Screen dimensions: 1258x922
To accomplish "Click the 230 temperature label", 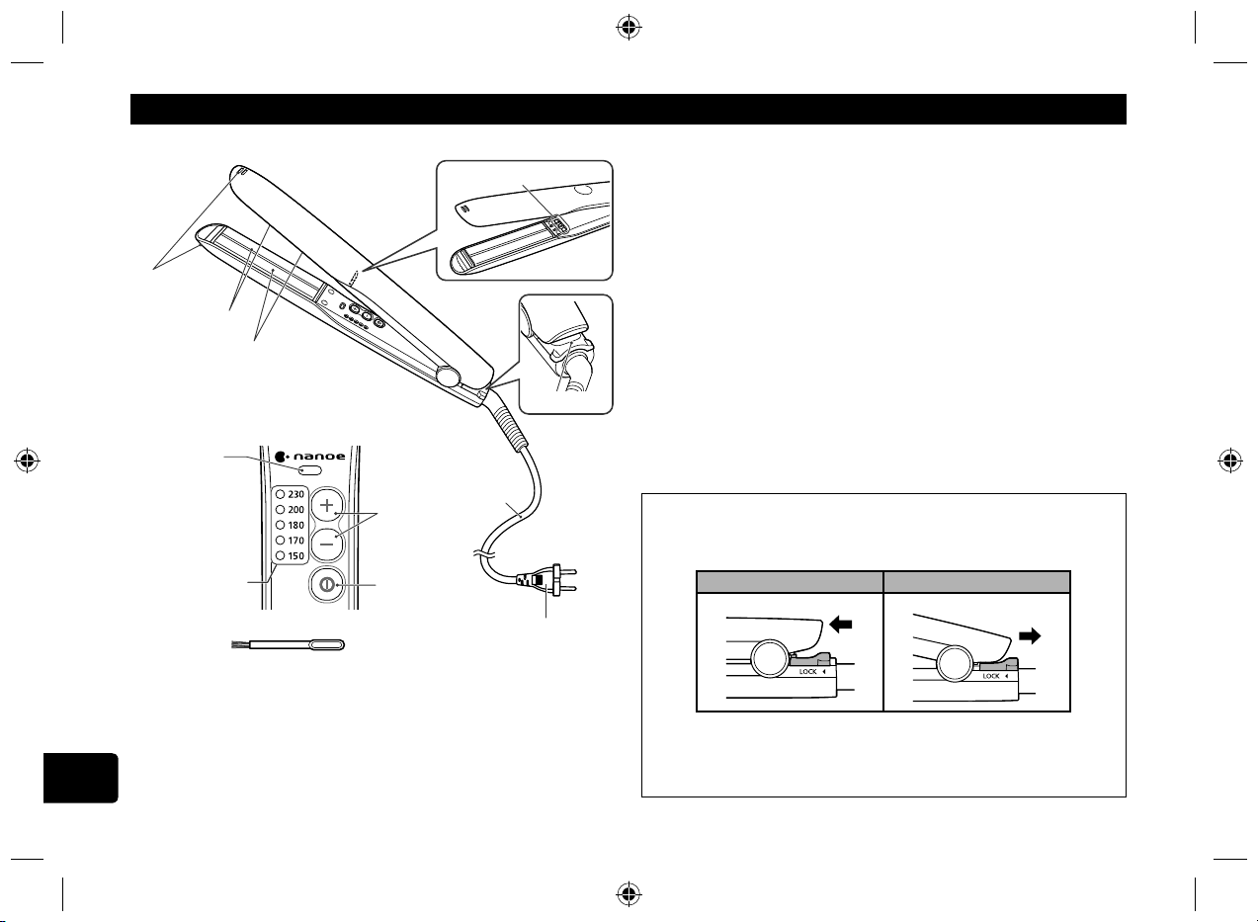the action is pyautogui.click(x=295, y=494).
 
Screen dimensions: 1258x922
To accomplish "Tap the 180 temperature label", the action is pyautogui.click(x=295, y=525).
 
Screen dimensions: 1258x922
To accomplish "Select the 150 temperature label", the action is pyautogui.click(x=295, y=556).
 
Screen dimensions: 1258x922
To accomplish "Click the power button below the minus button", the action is pyautogui.click(x=326, y=585).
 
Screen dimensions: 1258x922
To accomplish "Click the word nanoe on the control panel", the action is pyautogui.click(x=319, y=456).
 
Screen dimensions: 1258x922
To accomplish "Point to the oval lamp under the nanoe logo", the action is pyautogui.click(x=309, y=469).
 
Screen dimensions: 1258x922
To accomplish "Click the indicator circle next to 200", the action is pyautogui.click(x=281, y=510).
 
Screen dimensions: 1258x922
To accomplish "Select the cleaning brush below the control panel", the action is pyautogui.click(x=289, y=644).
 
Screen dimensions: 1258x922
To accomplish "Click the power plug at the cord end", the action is pyautogui.click(x=547, y=580).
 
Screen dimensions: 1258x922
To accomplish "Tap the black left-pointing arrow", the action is pyautogui.click(x=841, y=624).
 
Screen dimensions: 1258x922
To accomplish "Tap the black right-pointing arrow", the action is pyautogui.click(x=1030, y=636).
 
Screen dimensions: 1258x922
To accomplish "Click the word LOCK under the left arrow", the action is pyautogui.click(x=807, y=672).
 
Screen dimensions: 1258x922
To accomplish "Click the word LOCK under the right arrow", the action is pyautogui.click(x=991, y=676).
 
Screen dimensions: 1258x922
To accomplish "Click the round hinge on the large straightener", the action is pyautogui.click(x=447, y=377).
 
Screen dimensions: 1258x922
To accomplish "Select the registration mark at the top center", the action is pyautogui.click(x=629, y=27).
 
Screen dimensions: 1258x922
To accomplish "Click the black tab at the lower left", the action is pyautogui.click(x=81, y=778).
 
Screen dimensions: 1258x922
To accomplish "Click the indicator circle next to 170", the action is pyautogui.click(x=281, y=541).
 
